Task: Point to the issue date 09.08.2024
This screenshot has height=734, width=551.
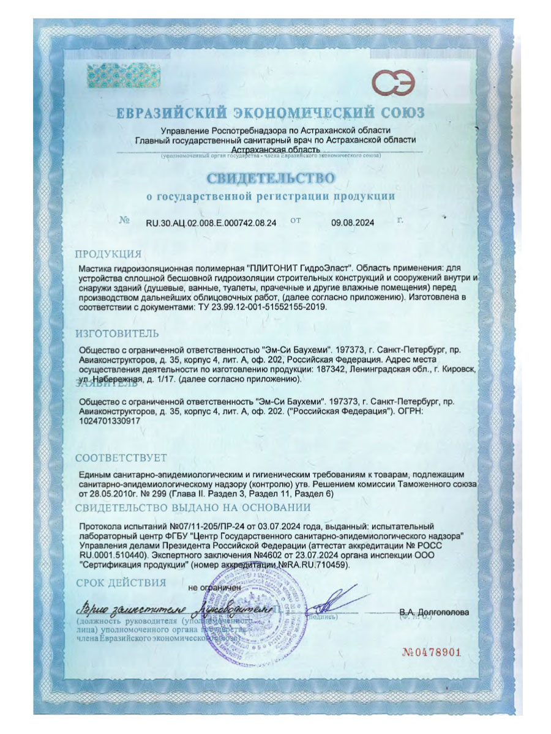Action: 353,224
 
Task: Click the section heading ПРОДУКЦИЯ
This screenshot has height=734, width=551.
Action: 108,254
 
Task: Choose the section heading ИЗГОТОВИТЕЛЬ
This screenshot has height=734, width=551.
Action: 117,333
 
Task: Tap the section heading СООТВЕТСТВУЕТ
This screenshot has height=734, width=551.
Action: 121,458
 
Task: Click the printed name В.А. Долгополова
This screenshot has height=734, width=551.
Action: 434,612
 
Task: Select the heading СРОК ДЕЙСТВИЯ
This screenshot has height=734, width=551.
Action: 121,582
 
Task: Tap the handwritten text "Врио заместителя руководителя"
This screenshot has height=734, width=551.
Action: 174,610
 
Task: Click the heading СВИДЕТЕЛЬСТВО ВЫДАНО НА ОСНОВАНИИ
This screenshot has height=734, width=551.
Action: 193,507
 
